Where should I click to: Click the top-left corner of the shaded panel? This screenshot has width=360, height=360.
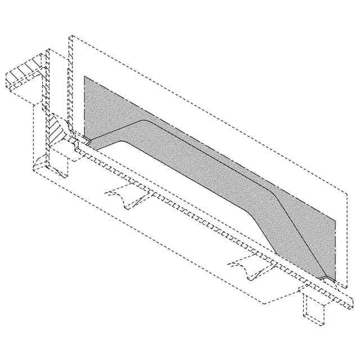point(84,76)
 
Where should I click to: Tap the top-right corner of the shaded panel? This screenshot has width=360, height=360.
point(336,219)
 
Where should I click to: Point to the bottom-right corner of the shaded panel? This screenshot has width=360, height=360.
point(336,280)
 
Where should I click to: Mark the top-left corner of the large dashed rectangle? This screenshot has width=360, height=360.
point(69,37)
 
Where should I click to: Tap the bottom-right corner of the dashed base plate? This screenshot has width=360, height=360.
point(264,303)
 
